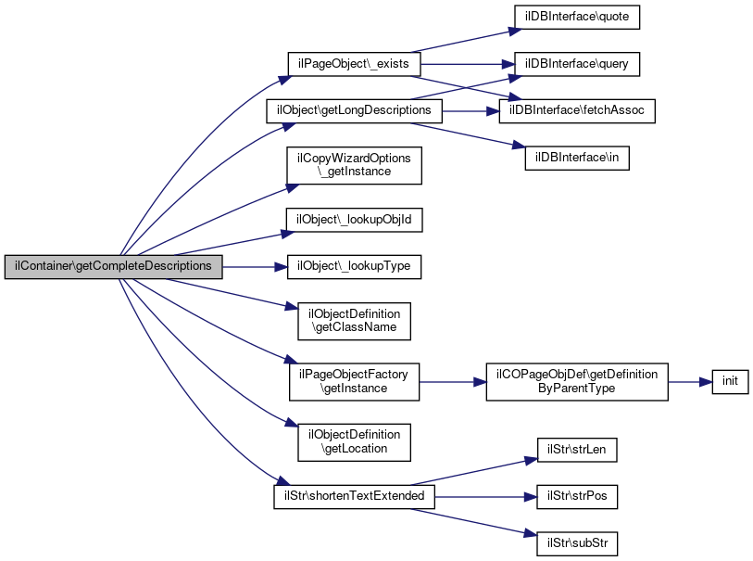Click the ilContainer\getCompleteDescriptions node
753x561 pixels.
(114, 266)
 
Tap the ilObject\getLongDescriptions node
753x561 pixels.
(354, 110)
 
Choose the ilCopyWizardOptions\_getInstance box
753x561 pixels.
(354, 165)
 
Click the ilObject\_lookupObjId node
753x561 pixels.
(355, 220)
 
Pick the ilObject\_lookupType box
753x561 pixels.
(355, 266)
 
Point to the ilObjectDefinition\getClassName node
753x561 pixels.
(355, 320)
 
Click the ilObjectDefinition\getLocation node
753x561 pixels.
(355, 441)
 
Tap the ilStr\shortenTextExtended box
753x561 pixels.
(354, 496)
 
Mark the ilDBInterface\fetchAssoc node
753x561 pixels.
(577, 110)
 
